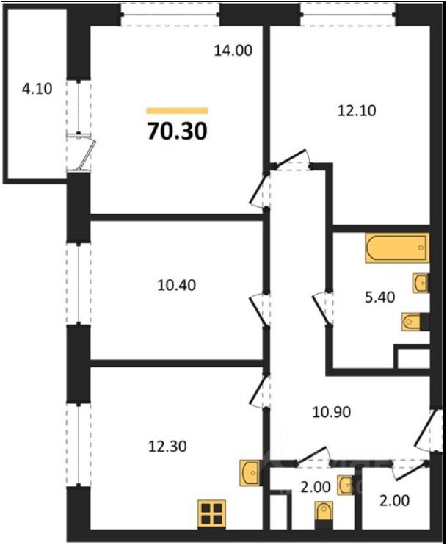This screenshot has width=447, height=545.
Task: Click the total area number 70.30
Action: coord(177,131)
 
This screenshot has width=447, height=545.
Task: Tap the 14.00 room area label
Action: coord(233,51)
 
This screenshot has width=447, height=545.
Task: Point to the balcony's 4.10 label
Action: coord(37,91)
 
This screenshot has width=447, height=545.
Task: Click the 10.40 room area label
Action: coord(177,284)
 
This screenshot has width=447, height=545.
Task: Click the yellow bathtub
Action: coord(396,248)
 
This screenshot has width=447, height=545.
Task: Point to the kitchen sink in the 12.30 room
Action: coord(250,472)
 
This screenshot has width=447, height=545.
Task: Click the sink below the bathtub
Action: coord(421,283)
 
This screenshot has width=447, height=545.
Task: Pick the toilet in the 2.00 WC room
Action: coord(323,512)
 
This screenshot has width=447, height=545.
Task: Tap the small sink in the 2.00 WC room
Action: coord(345,484)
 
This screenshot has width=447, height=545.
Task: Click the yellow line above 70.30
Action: coord(177,111)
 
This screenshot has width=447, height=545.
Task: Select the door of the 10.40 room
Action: coord(257,308)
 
